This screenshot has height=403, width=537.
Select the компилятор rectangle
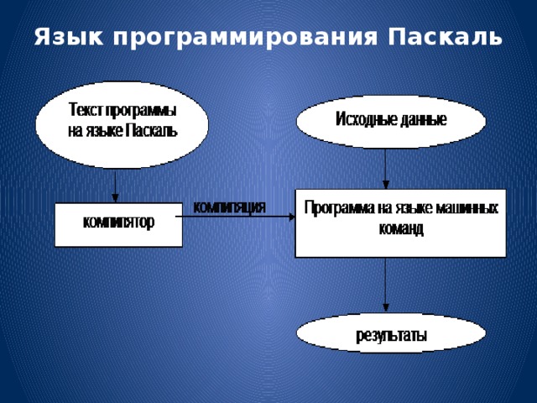(x=118, y=224)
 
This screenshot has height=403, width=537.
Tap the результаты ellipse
(x=391, y=335)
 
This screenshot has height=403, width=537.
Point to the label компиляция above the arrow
(x=230, y=205)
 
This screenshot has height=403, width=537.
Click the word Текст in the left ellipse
(x=83, y=110)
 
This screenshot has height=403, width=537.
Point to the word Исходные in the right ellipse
(x=366, y=120)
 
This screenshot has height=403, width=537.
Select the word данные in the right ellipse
(x=423, y=120)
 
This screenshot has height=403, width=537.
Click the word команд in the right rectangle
(x=399, y=228)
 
